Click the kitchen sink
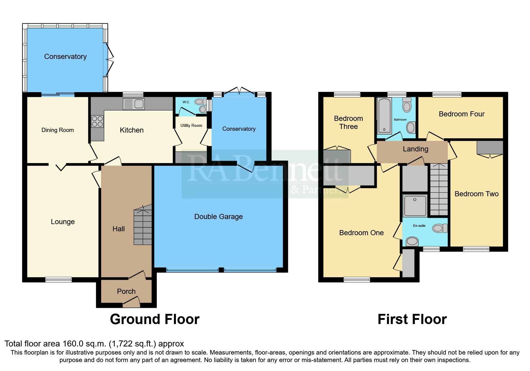[134, 104]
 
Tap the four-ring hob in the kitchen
[97, 121]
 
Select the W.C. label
[186, 102]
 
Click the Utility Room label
[191, 126]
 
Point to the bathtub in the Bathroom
[384, 115]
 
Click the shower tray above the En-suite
[415, 206]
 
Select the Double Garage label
[218, 217]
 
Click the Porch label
[126, 291]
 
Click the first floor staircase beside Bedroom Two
[439, 189]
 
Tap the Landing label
[415, 149]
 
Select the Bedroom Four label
[461, 114]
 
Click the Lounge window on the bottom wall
[58, 280]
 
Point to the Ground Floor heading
[155, 319]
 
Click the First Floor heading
[412, 319]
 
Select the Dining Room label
[58, 130]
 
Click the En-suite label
[419, 226]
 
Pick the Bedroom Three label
[348, 123]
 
